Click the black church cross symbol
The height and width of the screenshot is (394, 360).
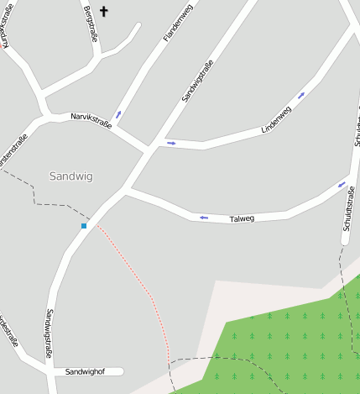pyautogui.click(x=104, y=11)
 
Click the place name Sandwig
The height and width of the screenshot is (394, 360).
pyautogui.click(x=70, y=176)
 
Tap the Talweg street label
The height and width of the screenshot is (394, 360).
pyautogui.click(x=241, y=218)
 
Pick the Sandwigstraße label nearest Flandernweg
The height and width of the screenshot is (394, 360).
pyautogui.click(x=198, y=80)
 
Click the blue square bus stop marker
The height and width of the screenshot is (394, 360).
pyautogui.click(x=84, y=226)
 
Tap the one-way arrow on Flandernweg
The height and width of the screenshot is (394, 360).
pyautogui.click(x=117, y=114)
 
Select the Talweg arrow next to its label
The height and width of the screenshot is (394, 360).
pyautogui.click(x=203, y=218)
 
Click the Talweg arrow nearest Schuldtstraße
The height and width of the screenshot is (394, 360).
pyautogui.click(x=342, y=184)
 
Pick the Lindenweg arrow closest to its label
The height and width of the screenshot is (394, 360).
pyautogui.click(x=300, y=95)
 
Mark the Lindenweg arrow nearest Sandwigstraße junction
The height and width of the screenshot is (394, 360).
pyautogui.click(x=171, y=144)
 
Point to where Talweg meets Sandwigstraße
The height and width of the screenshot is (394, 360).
pyautogui.click(x=125, y=190)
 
